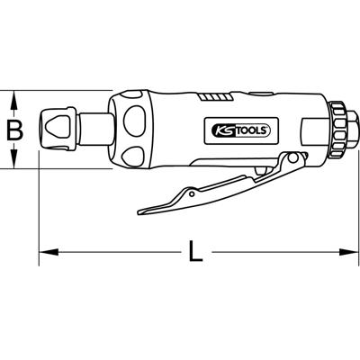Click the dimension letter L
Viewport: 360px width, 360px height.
[x=197, y=249]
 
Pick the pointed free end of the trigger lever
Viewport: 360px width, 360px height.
[x=141, y=211]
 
